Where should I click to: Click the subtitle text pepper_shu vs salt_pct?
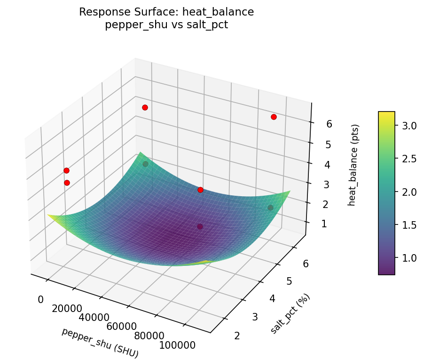[x=166, y=25]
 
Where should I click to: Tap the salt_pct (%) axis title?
[x=290, y=314]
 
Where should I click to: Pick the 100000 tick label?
[x=177, y=345]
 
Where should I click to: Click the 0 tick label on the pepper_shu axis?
[x=40, y=300]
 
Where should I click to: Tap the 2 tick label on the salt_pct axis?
[x=237, y=336]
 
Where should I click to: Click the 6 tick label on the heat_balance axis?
[x=329, y=124]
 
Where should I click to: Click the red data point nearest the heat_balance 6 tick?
[x=274, y=117]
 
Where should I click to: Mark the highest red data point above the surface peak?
[x=145, y=107]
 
